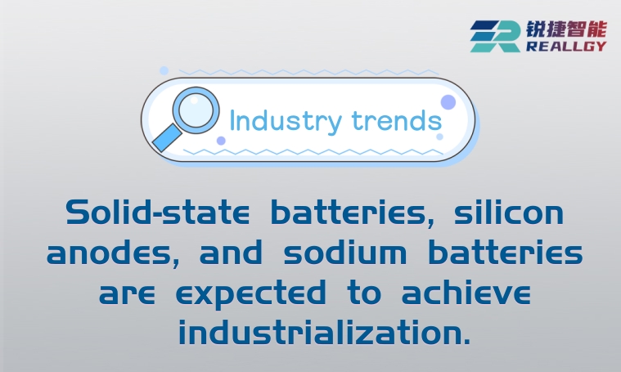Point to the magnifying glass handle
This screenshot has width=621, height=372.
168,137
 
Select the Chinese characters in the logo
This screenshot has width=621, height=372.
566,29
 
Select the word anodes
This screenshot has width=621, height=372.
113,253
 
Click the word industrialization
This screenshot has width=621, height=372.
324,332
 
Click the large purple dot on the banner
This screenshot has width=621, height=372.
448,102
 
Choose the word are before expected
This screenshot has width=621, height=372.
129,293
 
